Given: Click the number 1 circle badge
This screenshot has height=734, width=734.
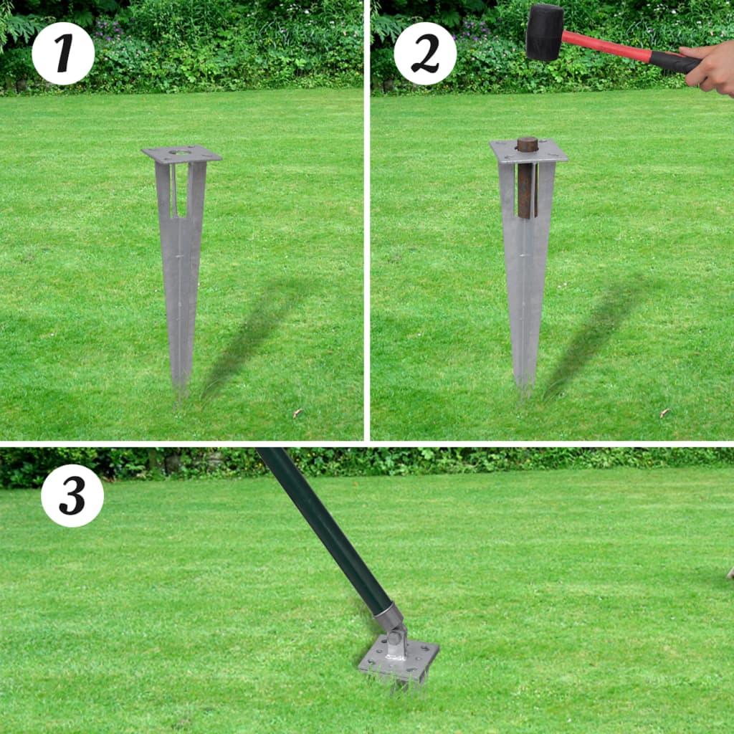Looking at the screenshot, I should [x=63, y=54].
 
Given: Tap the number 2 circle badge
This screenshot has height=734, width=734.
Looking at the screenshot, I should [x=425, y=54].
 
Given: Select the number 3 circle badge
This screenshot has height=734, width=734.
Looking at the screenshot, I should [x=72, y=495].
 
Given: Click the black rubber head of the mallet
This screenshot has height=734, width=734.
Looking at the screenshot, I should [x=545, y=32].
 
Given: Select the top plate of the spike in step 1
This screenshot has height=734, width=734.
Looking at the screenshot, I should [x=181, y=154].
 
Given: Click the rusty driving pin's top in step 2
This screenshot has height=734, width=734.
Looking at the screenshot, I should [x=528, y=143].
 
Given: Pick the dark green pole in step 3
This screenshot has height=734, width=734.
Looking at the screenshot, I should [x=323, y=523].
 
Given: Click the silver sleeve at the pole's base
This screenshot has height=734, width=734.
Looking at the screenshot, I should [x=388, y=616].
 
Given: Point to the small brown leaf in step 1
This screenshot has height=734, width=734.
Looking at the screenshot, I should [x=297, y=413].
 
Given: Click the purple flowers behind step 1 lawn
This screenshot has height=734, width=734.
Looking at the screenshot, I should [x=108, y=29].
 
